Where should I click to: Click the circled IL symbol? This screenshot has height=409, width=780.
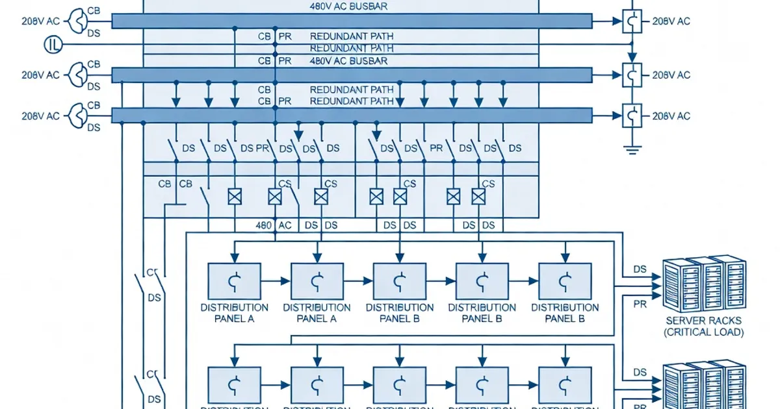(53, 45)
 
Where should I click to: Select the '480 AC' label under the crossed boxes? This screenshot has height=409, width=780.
(274, 225)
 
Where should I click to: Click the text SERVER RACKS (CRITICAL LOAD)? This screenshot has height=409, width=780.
(704, 327)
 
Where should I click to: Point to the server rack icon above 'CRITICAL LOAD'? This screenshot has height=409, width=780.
(703, 284)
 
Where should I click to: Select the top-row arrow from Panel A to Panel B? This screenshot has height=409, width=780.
(364, 281)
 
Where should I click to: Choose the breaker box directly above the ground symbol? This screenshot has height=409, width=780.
(632, 116)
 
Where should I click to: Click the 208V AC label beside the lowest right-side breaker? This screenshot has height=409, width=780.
(671, 116)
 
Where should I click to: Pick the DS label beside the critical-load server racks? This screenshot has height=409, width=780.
(640, 269)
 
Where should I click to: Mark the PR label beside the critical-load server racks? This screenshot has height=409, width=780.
(640, 302)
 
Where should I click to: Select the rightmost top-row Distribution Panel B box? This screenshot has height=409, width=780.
(565, 280)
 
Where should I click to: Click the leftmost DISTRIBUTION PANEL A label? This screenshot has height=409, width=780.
(234, 313)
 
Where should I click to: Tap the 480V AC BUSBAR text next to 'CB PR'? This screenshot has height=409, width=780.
(348, 61)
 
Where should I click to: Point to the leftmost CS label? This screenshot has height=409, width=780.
(285, 184)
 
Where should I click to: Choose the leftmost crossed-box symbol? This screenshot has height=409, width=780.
(234, 196)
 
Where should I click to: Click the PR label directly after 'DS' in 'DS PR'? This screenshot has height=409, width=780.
(263, 148)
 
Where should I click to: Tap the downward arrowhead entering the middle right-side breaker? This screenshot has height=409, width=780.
(631, 58)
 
